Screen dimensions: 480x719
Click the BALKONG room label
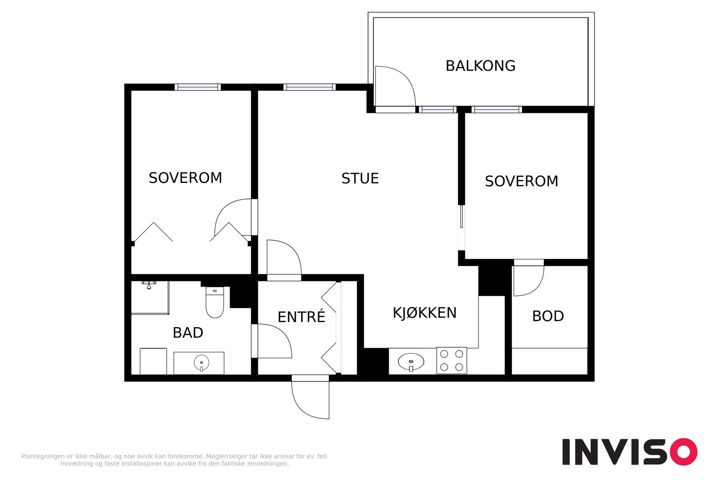click(480, 66)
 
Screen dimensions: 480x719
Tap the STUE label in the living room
click(360, 179)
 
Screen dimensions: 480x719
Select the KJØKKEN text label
click(425, 313)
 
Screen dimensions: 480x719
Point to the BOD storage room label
click(548, 316)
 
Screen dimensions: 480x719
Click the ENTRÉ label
click(301, 317)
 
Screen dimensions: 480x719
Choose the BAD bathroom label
click(188, 333)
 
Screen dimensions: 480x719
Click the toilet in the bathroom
click(215, 303)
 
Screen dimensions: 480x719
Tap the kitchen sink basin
click(411, 361)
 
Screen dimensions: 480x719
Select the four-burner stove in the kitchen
click(452, 360)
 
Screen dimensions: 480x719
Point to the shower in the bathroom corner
click(150, 297)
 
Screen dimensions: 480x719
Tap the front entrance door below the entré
click(310, 398)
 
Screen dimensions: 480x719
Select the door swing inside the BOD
click(528, 281)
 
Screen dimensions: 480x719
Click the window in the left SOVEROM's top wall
click(198, 87)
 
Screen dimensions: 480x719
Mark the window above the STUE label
click(310, 87)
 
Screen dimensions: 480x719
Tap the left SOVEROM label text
click(185, 178)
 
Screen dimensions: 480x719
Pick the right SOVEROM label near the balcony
click(521, 181)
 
